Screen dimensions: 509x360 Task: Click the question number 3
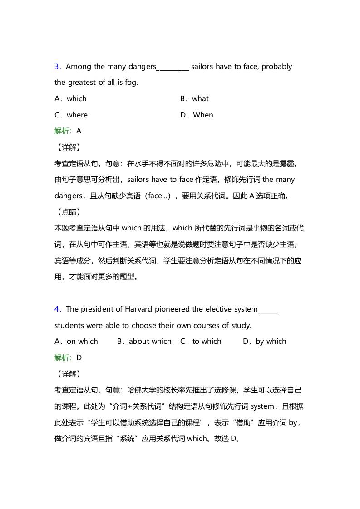click(x=57, y=67)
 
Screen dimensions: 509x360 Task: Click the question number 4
click(x=57, y=309)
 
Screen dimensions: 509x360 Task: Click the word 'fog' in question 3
click(x=131, y=83)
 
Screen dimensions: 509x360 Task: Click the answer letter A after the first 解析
click(x=79, y=131)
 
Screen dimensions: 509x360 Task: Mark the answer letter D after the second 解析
click(x=79, y=358)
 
